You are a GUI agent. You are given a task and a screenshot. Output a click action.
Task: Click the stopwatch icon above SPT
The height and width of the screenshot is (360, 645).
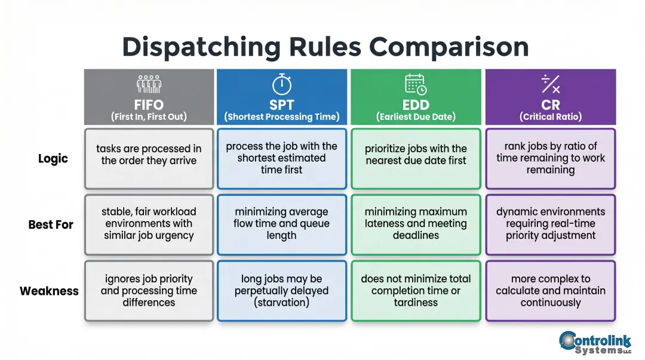point(281,84)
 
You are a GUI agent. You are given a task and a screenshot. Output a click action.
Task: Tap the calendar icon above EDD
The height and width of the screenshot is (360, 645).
point(416,84)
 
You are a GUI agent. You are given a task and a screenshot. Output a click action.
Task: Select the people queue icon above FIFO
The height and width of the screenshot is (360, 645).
point(149,84)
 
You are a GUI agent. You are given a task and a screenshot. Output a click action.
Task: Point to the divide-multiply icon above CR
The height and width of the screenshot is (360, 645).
point(550,84)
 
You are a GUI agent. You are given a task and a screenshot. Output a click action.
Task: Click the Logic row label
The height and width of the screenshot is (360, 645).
point(53,159)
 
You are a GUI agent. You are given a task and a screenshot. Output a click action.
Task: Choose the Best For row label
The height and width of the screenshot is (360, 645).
point(51,225)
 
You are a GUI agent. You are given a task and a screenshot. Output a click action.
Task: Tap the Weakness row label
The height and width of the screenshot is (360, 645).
point(49,291)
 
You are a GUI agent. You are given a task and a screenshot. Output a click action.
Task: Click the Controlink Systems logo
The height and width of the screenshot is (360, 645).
point(595,342)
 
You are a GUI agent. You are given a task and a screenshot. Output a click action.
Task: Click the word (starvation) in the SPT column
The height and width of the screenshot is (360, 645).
point(281,303)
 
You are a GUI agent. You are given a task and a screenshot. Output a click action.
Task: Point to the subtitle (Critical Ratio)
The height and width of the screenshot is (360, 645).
point(550,117)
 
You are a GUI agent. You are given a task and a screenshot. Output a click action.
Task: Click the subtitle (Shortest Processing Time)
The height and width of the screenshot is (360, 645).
point(281,117)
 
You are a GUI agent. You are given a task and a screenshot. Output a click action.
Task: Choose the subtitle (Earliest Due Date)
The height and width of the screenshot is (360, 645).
point(416,117)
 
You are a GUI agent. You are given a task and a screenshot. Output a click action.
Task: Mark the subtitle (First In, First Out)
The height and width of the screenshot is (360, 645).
point(149,117)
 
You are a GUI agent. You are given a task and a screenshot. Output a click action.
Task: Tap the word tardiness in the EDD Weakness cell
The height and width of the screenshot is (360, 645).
point(416,303)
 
